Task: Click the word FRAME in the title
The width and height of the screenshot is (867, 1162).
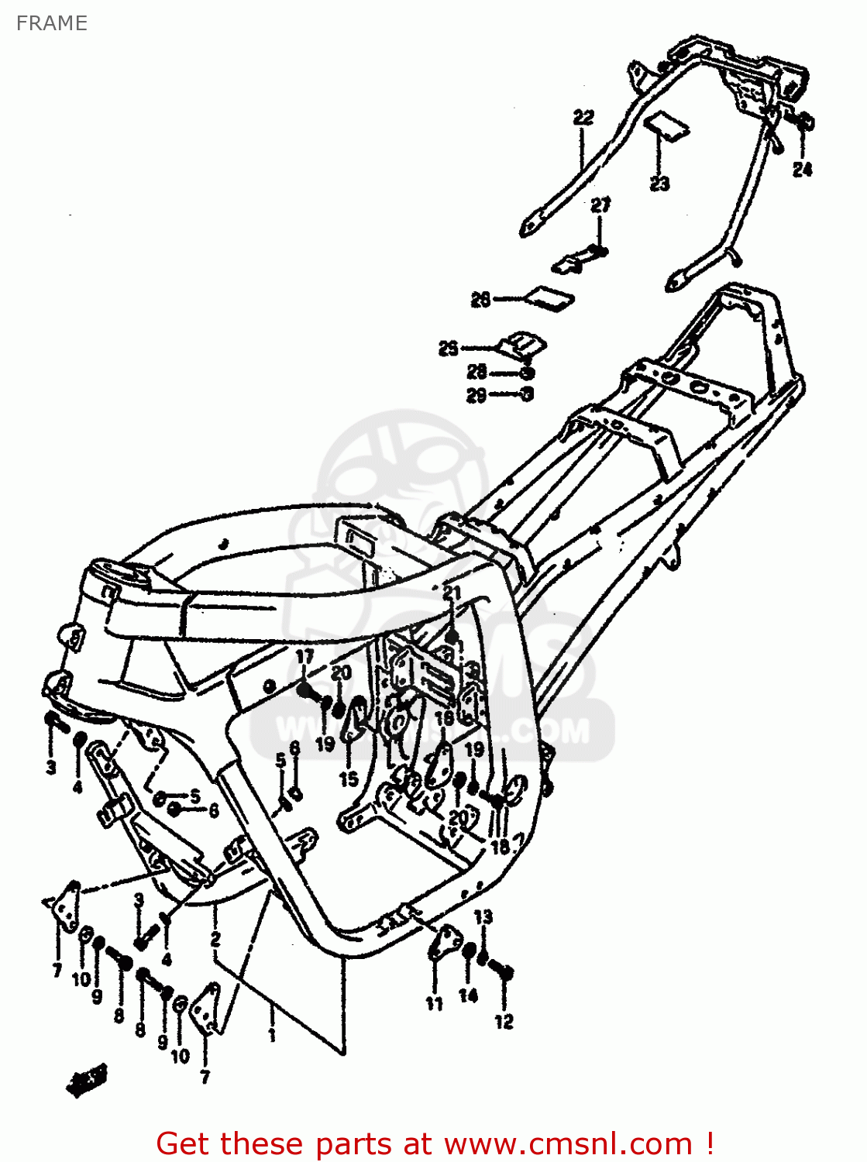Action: [51, 23]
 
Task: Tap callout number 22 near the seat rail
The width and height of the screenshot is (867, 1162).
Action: [583, 118]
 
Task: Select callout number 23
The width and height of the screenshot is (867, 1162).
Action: [659, 184]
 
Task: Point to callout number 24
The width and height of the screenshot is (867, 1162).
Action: [803, 169]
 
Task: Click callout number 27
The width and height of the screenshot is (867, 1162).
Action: [600, 205]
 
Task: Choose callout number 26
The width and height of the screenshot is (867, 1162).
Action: [481, 299]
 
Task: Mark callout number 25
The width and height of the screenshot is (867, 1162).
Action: [449, 349]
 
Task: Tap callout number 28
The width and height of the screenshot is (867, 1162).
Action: [477, 372]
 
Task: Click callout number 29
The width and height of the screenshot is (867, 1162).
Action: [477, 395]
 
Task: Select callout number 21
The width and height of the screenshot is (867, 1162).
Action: [452, 593]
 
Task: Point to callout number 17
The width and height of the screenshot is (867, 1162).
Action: [305, 657]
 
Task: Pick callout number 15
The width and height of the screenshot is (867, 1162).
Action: [349, 779]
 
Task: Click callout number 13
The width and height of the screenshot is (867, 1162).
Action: [483, 916]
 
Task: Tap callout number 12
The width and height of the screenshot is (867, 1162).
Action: [504, 1022]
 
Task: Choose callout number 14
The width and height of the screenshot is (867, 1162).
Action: [468, 995]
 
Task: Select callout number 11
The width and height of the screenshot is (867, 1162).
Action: [434, 1003]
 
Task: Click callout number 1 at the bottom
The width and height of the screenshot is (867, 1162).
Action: [272, 1035]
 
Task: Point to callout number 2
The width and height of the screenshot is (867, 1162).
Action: [215, 939]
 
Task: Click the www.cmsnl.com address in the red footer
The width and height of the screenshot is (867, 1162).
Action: [568, 1143]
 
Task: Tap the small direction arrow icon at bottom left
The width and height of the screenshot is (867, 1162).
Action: [85, 1079]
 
